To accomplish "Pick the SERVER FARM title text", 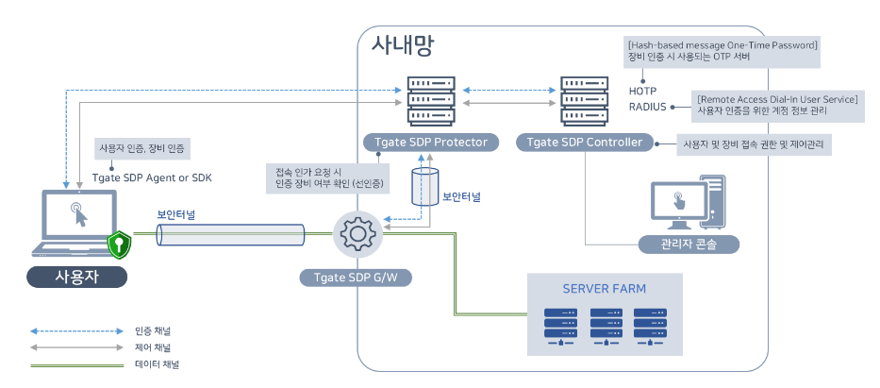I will pos(606,288).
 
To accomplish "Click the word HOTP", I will pos(643,91).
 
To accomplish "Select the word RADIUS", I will pos(648,107).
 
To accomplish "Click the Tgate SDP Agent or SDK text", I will pos(153,177).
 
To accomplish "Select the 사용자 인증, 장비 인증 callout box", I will pos(141,148).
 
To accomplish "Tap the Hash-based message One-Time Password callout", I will pos(722,51).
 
